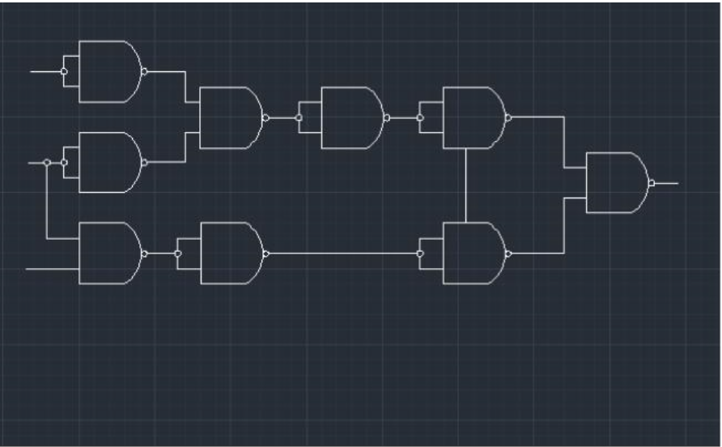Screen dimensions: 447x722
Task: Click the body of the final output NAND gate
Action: (614, 183)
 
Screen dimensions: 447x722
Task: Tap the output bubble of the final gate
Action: (652, 183)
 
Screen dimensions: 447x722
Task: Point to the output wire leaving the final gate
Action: (666, 183)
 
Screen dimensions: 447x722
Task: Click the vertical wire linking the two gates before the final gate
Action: (467, 185)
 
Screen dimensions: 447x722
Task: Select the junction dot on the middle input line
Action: (47, 163)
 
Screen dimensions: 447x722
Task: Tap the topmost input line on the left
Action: (45, 71)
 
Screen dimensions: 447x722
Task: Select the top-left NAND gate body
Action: (108, 71)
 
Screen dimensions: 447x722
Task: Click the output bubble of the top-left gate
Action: (144, 71)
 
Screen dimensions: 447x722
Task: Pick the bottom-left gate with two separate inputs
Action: (108, 253)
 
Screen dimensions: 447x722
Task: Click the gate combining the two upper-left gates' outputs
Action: (228, 117)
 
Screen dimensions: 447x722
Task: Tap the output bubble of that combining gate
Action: (265, 117)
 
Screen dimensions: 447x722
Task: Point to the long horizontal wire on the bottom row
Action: (340, 253)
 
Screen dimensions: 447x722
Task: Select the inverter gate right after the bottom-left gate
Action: (229, 253)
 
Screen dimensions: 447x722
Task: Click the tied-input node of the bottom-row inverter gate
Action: (178, 253)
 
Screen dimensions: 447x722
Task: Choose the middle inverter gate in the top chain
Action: (350, 117)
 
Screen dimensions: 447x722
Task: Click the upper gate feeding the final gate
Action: (472, 117)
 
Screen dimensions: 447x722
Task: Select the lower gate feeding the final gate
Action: (472, 253)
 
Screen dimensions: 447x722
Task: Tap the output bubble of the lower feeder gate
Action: (508, 253)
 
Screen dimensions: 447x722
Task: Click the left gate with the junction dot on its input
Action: (108, 163)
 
